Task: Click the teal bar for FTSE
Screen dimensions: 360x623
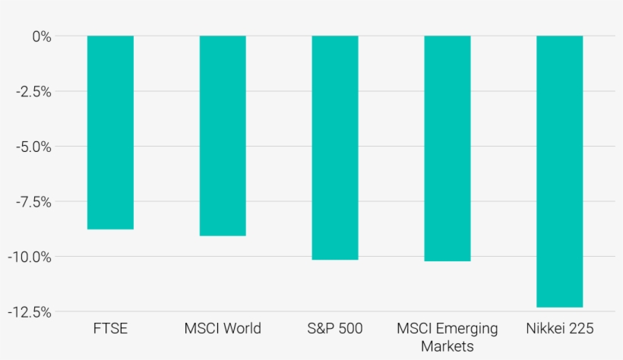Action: point(110,132)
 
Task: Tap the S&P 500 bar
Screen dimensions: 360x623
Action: point(335,147)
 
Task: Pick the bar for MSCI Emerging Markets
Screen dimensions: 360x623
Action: point(447,148)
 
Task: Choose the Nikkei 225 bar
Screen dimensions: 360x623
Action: point(559,171)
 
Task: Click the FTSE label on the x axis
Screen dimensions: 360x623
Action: point(110,329)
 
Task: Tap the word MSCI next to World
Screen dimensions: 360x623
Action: point(202,329)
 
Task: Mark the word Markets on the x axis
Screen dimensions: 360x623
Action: point(447,346)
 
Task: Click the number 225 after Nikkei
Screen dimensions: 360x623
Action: point(580,329)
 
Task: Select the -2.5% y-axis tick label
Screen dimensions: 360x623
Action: point(33,92)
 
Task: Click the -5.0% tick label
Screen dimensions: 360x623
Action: point(33,147)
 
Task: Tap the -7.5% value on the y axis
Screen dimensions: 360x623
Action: point(33,202)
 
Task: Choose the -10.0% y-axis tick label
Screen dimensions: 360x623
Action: point(30,257)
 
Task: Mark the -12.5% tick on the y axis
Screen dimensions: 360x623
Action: point(30,312)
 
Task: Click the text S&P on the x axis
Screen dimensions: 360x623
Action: point(321,329)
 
